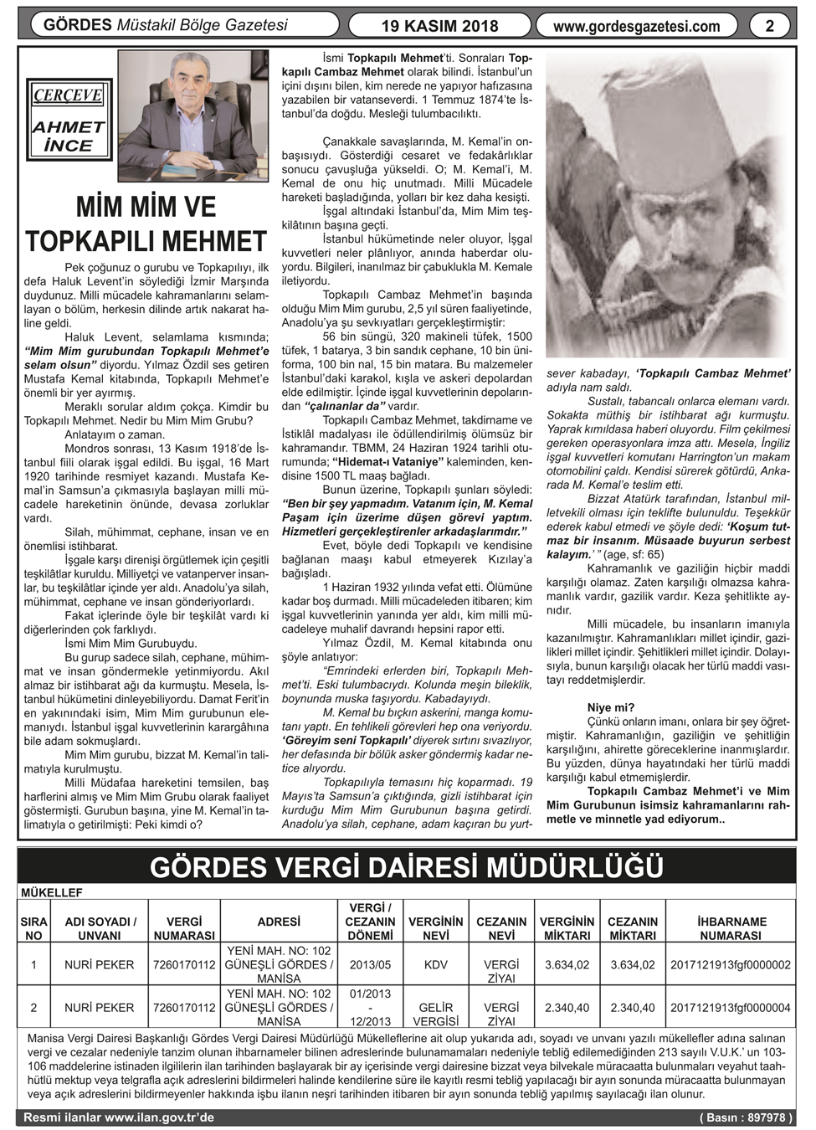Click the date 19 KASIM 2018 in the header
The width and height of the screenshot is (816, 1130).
439,26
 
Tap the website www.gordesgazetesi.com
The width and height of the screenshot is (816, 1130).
636,26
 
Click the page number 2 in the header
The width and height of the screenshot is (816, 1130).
770,26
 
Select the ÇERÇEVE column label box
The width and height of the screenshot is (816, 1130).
68,95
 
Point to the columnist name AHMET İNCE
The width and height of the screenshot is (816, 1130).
68,136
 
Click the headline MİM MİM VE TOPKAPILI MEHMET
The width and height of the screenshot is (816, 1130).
146,224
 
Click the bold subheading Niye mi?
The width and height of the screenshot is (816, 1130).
610,707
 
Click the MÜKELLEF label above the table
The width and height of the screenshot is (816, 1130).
52,893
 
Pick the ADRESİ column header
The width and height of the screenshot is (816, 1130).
279,922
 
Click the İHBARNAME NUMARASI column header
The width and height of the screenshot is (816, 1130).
731,928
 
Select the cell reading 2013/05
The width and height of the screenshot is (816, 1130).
370,964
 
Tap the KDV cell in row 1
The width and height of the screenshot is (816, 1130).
435,964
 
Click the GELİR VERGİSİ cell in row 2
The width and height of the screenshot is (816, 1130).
435,1014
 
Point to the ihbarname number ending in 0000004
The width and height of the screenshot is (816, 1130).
731,1008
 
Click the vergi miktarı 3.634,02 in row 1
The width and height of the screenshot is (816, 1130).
567,964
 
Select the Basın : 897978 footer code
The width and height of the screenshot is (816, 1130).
746,1117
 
